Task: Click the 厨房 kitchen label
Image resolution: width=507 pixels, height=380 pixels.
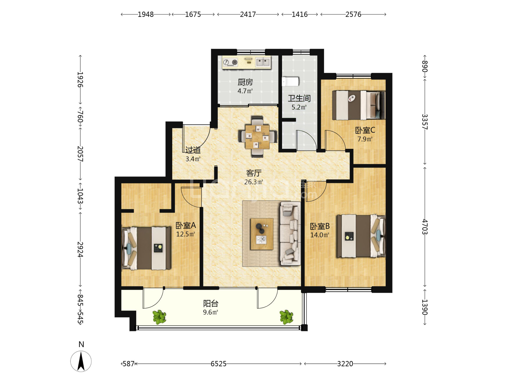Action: coord(245,82)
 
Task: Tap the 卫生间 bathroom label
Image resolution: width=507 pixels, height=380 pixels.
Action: coord(299,98)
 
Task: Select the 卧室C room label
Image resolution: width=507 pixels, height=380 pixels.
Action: coord(365,130)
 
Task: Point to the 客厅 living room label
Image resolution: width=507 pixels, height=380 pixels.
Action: coord(254,173)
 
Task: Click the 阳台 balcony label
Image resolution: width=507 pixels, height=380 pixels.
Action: coord(210,303)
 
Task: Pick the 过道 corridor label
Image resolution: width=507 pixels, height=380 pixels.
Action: coord(193,150)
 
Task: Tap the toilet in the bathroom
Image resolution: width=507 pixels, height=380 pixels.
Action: coord(290,82)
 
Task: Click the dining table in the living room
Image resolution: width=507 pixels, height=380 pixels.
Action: coord(257,137)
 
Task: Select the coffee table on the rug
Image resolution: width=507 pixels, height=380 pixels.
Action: coord(262,234)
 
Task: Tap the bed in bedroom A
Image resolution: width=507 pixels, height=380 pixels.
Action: coord(146,248)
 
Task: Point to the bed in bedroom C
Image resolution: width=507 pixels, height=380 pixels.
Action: coord(359,105)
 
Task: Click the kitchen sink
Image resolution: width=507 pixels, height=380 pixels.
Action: coord(263,62)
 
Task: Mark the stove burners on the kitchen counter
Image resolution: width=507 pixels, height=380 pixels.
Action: coord(230,62)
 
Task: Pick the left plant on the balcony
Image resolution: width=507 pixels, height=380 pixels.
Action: coord(159,317)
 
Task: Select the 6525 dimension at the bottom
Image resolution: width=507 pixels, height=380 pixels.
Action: coord(218,364)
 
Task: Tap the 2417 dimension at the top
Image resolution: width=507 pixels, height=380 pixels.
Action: coord(248,14)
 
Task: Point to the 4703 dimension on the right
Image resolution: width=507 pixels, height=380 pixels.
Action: coord(424,227)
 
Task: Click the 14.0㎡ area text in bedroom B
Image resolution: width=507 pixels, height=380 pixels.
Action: coord(320,235)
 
